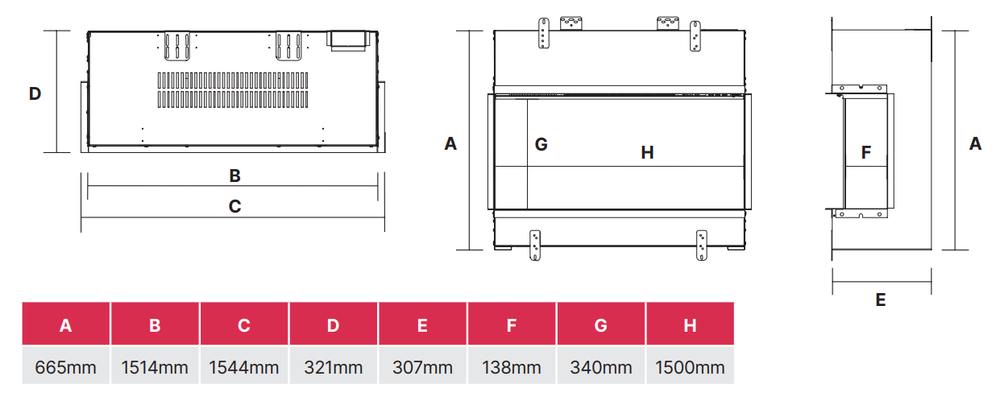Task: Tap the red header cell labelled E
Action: pos(422,324)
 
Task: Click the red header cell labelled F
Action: pos(512,324)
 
